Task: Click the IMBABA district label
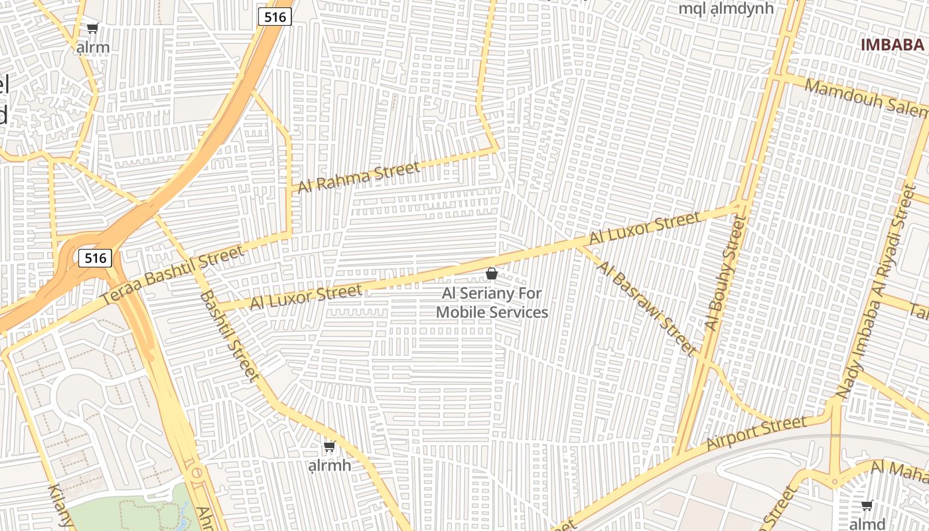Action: point(892,45)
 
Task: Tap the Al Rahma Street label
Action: point(358,177)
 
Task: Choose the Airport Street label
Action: point(756,433)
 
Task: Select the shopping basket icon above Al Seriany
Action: point(492,273)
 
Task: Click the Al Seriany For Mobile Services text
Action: point(492,303)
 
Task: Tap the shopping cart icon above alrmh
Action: point(329,446)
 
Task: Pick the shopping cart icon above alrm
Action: point(93,29)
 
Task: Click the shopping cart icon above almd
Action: point(867,506)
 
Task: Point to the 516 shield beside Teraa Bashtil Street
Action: point(95,258)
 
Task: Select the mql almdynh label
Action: point(726,9)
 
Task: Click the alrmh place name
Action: point(330,465)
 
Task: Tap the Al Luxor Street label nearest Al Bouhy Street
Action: point(644,228)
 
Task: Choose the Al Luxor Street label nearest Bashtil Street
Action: point(306,296)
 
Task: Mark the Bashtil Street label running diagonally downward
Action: point(229,336)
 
